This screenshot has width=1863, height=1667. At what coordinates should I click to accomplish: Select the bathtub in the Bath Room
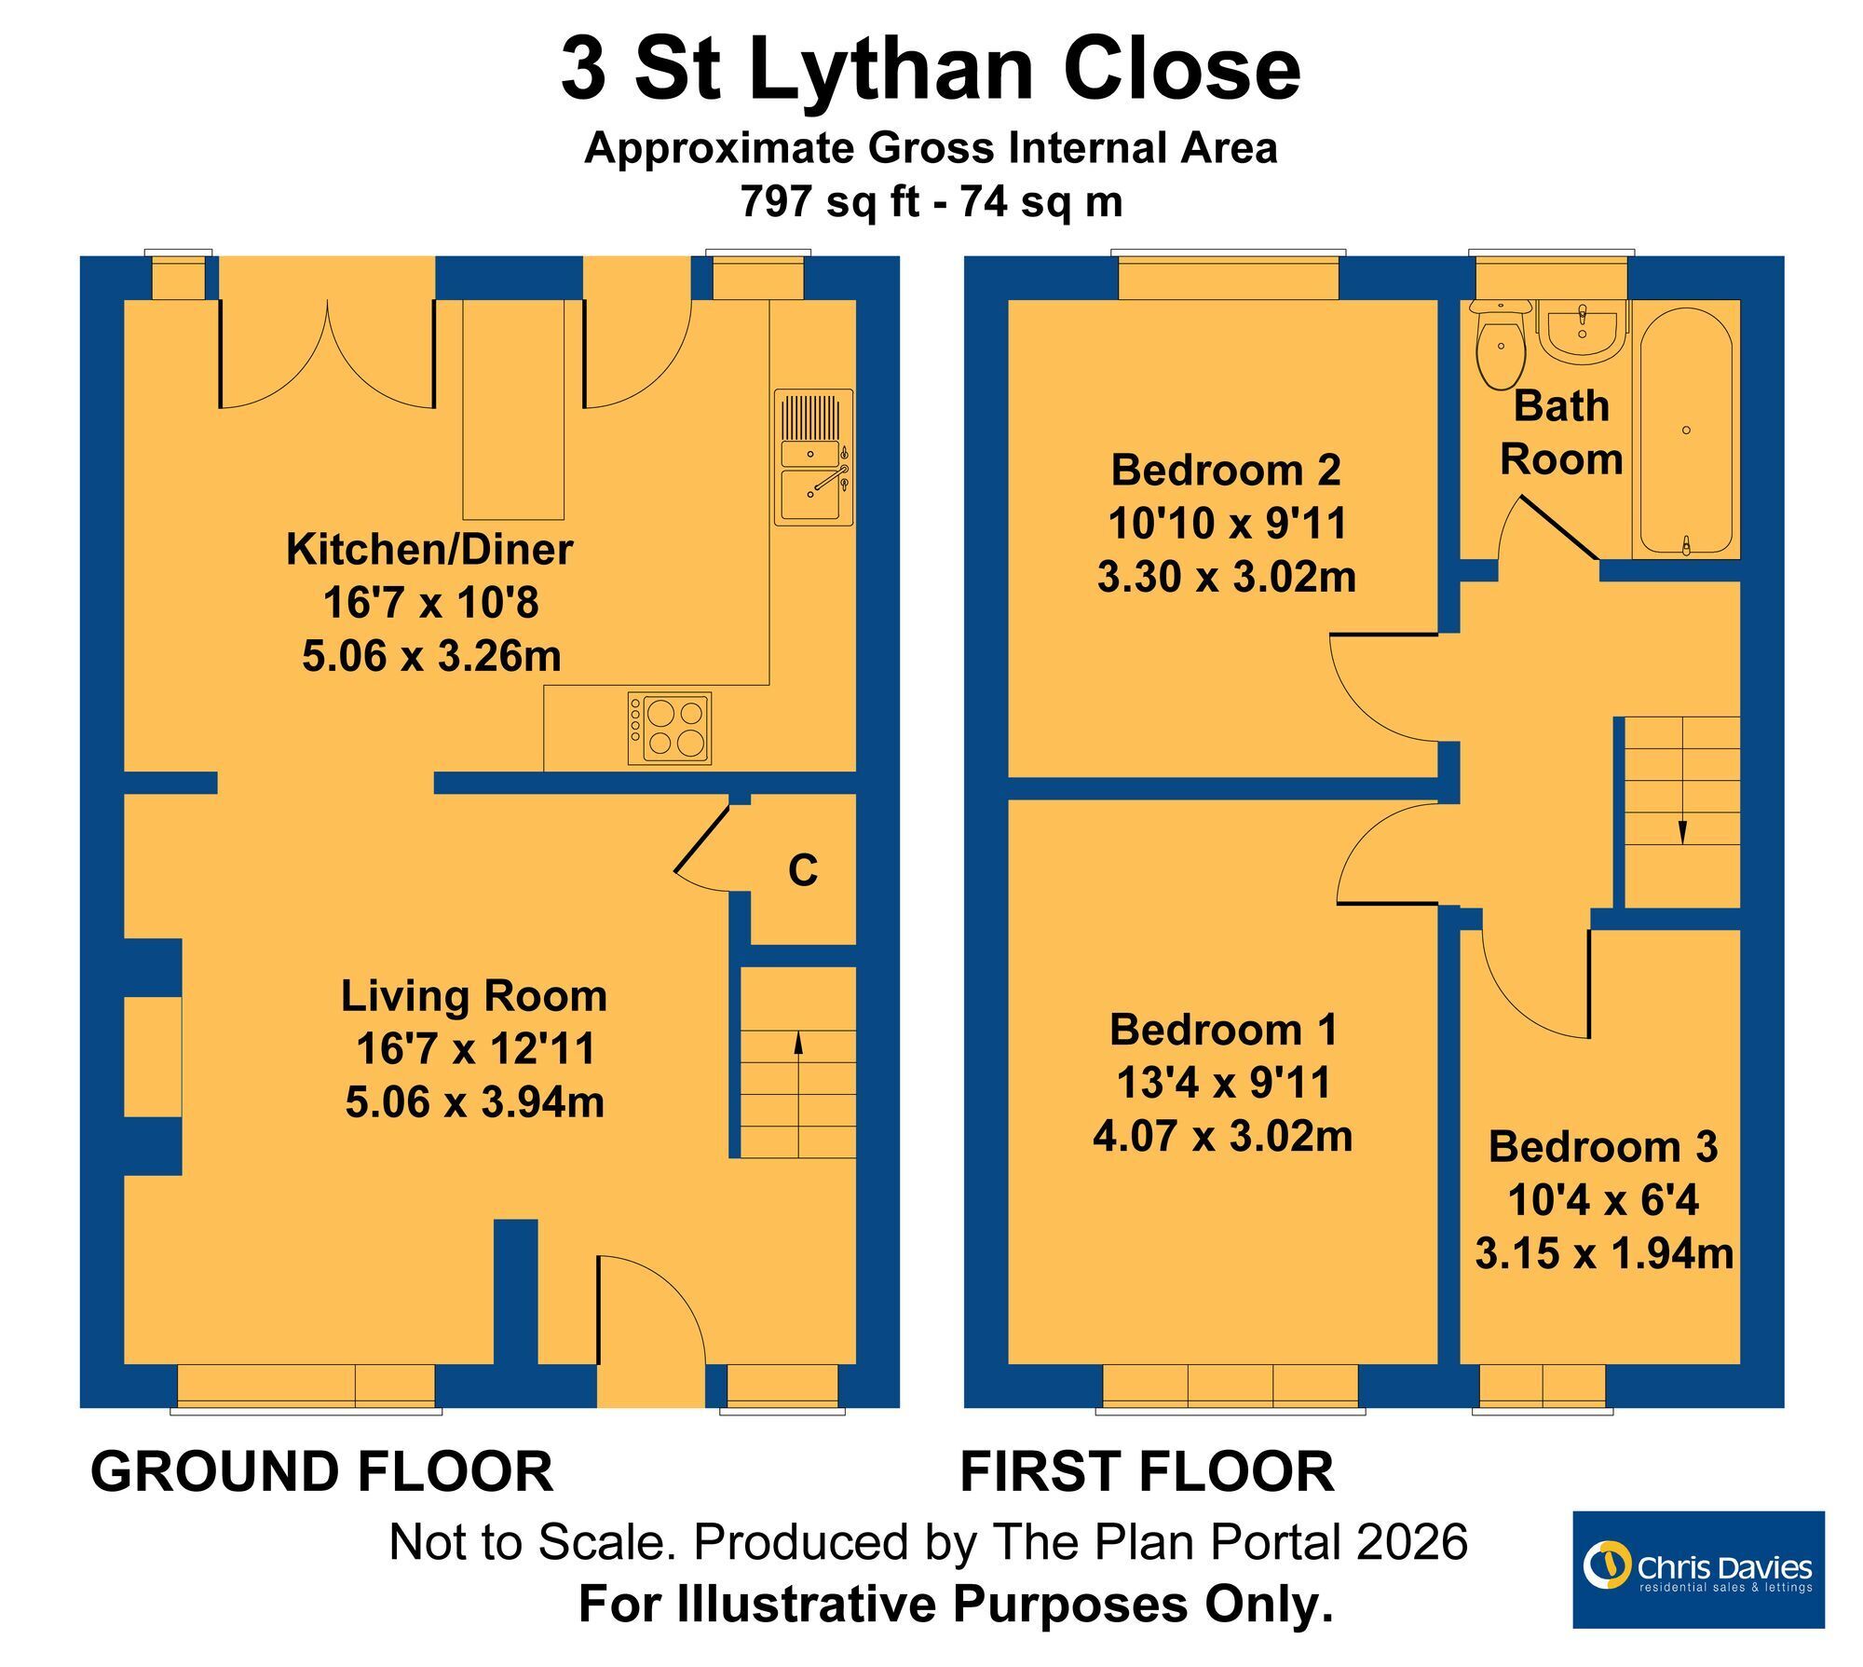click(x=1686, y=430)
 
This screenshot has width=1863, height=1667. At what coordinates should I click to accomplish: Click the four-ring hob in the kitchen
click(x=669, y=729)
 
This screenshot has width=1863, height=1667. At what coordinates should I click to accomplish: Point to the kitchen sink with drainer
click(x=813, y=458)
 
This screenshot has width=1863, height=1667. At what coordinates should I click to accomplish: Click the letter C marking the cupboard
click(x=803, y=870)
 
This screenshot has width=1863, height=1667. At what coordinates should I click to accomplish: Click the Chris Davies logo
click(x=1698, y=1569)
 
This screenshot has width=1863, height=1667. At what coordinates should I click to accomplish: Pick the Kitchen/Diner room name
click(x=429, y=549)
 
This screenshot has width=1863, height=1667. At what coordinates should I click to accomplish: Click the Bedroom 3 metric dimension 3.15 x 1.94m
click(x=1604, y=1253)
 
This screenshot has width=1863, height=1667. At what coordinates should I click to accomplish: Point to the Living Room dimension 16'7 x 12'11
click(x=475, y=1048)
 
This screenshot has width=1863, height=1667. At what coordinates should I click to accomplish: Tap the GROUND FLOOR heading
click(x=322, y=1471)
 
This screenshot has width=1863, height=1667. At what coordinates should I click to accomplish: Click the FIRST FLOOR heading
click(x=1147, y=1471)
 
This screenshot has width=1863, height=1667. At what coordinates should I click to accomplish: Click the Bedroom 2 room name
click(x=1226, y=470)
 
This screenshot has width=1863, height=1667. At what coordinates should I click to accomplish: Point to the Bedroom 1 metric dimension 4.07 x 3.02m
click(x=1223, y=1137)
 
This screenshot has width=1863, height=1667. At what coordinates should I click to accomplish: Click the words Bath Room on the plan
click(x=1562, y=432)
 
